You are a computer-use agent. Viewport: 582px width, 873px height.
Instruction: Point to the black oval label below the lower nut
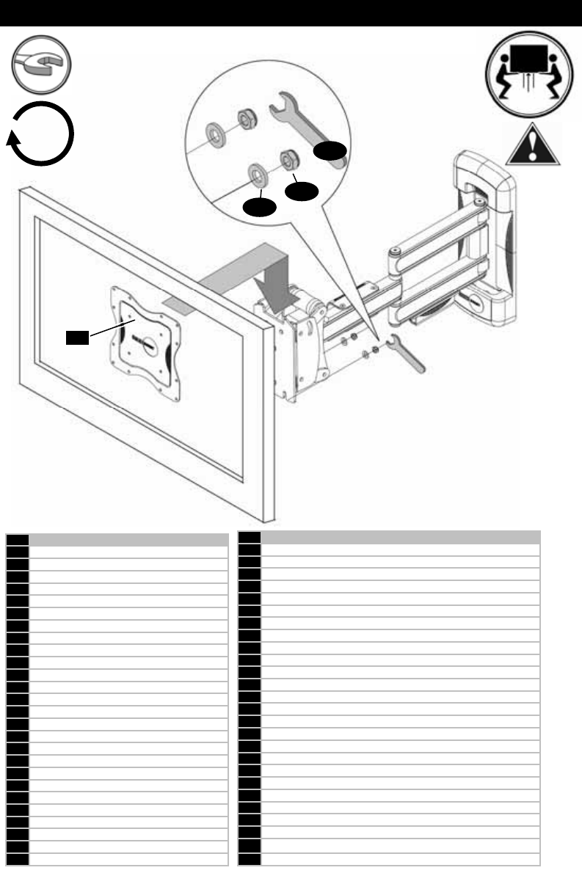[301, 193]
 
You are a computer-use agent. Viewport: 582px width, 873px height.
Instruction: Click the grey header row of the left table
[127, 539]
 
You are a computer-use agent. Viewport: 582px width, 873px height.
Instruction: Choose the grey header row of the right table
[401, 537]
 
